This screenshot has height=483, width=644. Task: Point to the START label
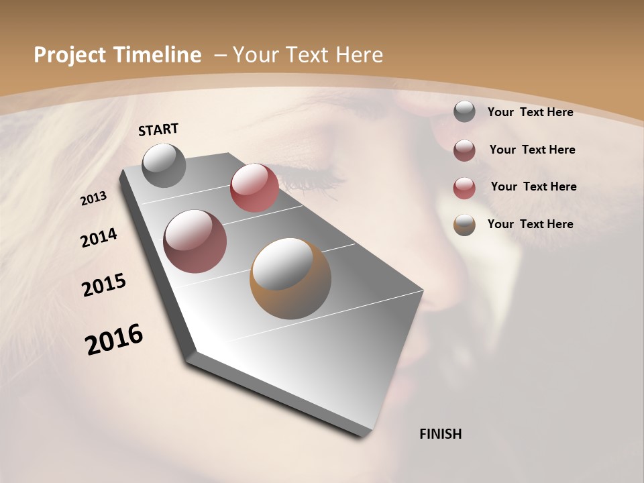click(158, 129)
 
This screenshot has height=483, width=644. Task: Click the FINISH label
click(441, 434)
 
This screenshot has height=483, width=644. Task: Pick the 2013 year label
click(94, 199)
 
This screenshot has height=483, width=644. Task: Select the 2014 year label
click(99, 238)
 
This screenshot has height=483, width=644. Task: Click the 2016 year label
click(114, 339)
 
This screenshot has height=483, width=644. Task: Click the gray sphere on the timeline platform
click(164, 165)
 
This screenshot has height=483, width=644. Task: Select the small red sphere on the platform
click(254, 188)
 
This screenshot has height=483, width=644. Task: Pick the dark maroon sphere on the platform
click(195, 241)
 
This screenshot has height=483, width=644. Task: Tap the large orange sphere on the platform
click(290, 278)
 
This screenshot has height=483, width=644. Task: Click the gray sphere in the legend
click(464, 112)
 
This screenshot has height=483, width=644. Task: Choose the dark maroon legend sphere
click(464, 150)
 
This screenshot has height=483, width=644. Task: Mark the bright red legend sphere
click(464, 188)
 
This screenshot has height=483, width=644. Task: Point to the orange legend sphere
click(464, 225)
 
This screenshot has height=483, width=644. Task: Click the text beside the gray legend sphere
click(530, 112)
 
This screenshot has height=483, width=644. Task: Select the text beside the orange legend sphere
click(530, 224)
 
